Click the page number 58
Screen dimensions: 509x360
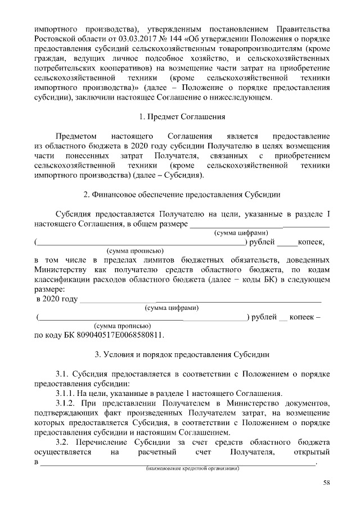click(x=326, y=483)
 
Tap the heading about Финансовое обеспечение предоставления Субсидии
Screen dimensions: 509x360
click(x=182, y=195)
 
